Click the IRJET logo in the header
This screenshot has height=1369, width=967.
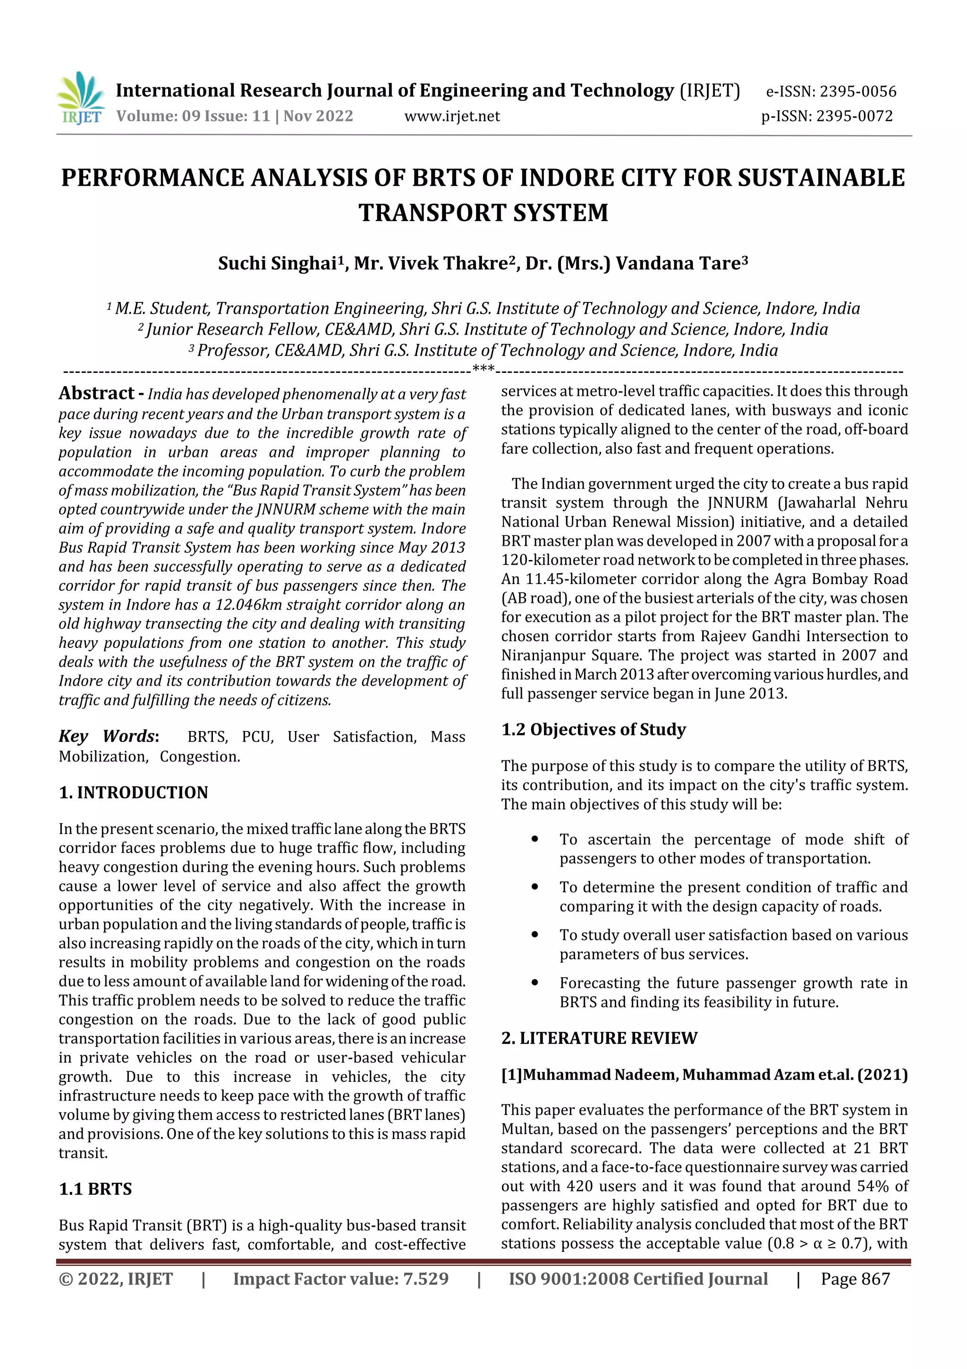tap(80, 99)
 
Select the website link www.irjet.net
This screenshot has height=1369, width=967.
tap(451, 116)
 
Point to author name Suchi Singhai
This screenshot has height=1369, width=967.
tap(278, 264)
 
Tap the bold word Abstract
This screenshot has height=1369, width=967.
tap(96, 394)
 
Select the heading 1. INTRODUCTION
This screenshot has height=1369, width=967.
tap(134, 792)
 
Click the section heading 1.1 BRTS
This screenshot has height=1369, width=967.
tap(95, 1189)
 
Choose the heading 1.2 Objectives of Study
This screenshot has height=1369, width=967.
tap(594, 730)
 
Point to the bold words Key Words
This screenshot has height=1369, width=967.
tap(107, 736)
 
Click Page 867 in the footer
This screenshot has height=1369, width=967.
tap(855, 1279)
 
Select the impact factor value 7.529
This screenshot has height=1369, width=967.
tap(425, 1279)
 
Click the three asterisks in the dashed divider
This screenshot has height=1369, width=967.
tap(483, 369)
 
